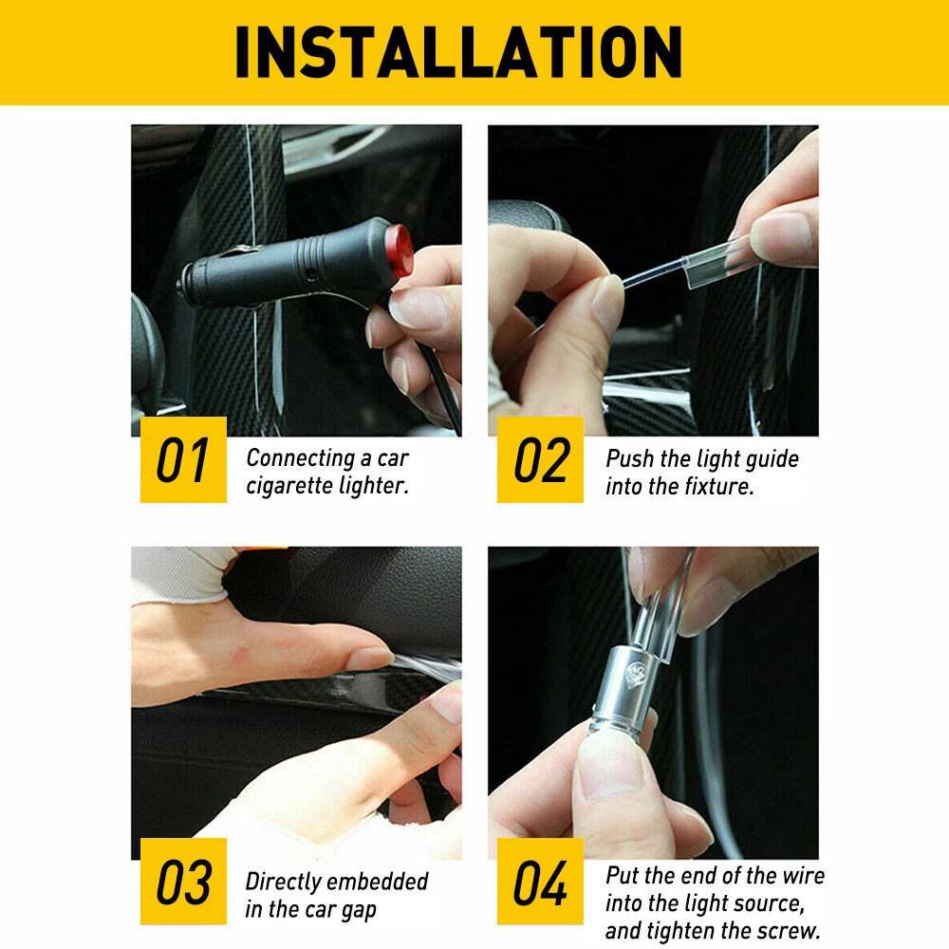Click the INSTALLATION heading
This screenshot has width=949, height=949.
[458, 52]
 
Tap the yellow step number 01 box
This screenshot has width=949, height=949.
[183, 459]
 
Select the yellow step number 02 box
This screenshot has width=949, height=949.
[541, 459]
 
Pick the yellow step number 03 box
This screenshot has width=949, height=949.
[183, 881]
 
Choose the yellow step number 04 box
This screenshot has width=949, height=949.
[541, 881]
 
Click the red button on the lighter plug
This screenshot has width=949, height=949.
[400, 250]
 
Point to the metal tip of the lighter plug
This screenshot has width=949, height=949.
[181, 285]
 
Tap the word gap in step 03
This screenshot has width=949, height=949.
[358, 910]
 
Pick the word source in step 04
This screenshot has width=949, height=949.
[769, 903]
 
